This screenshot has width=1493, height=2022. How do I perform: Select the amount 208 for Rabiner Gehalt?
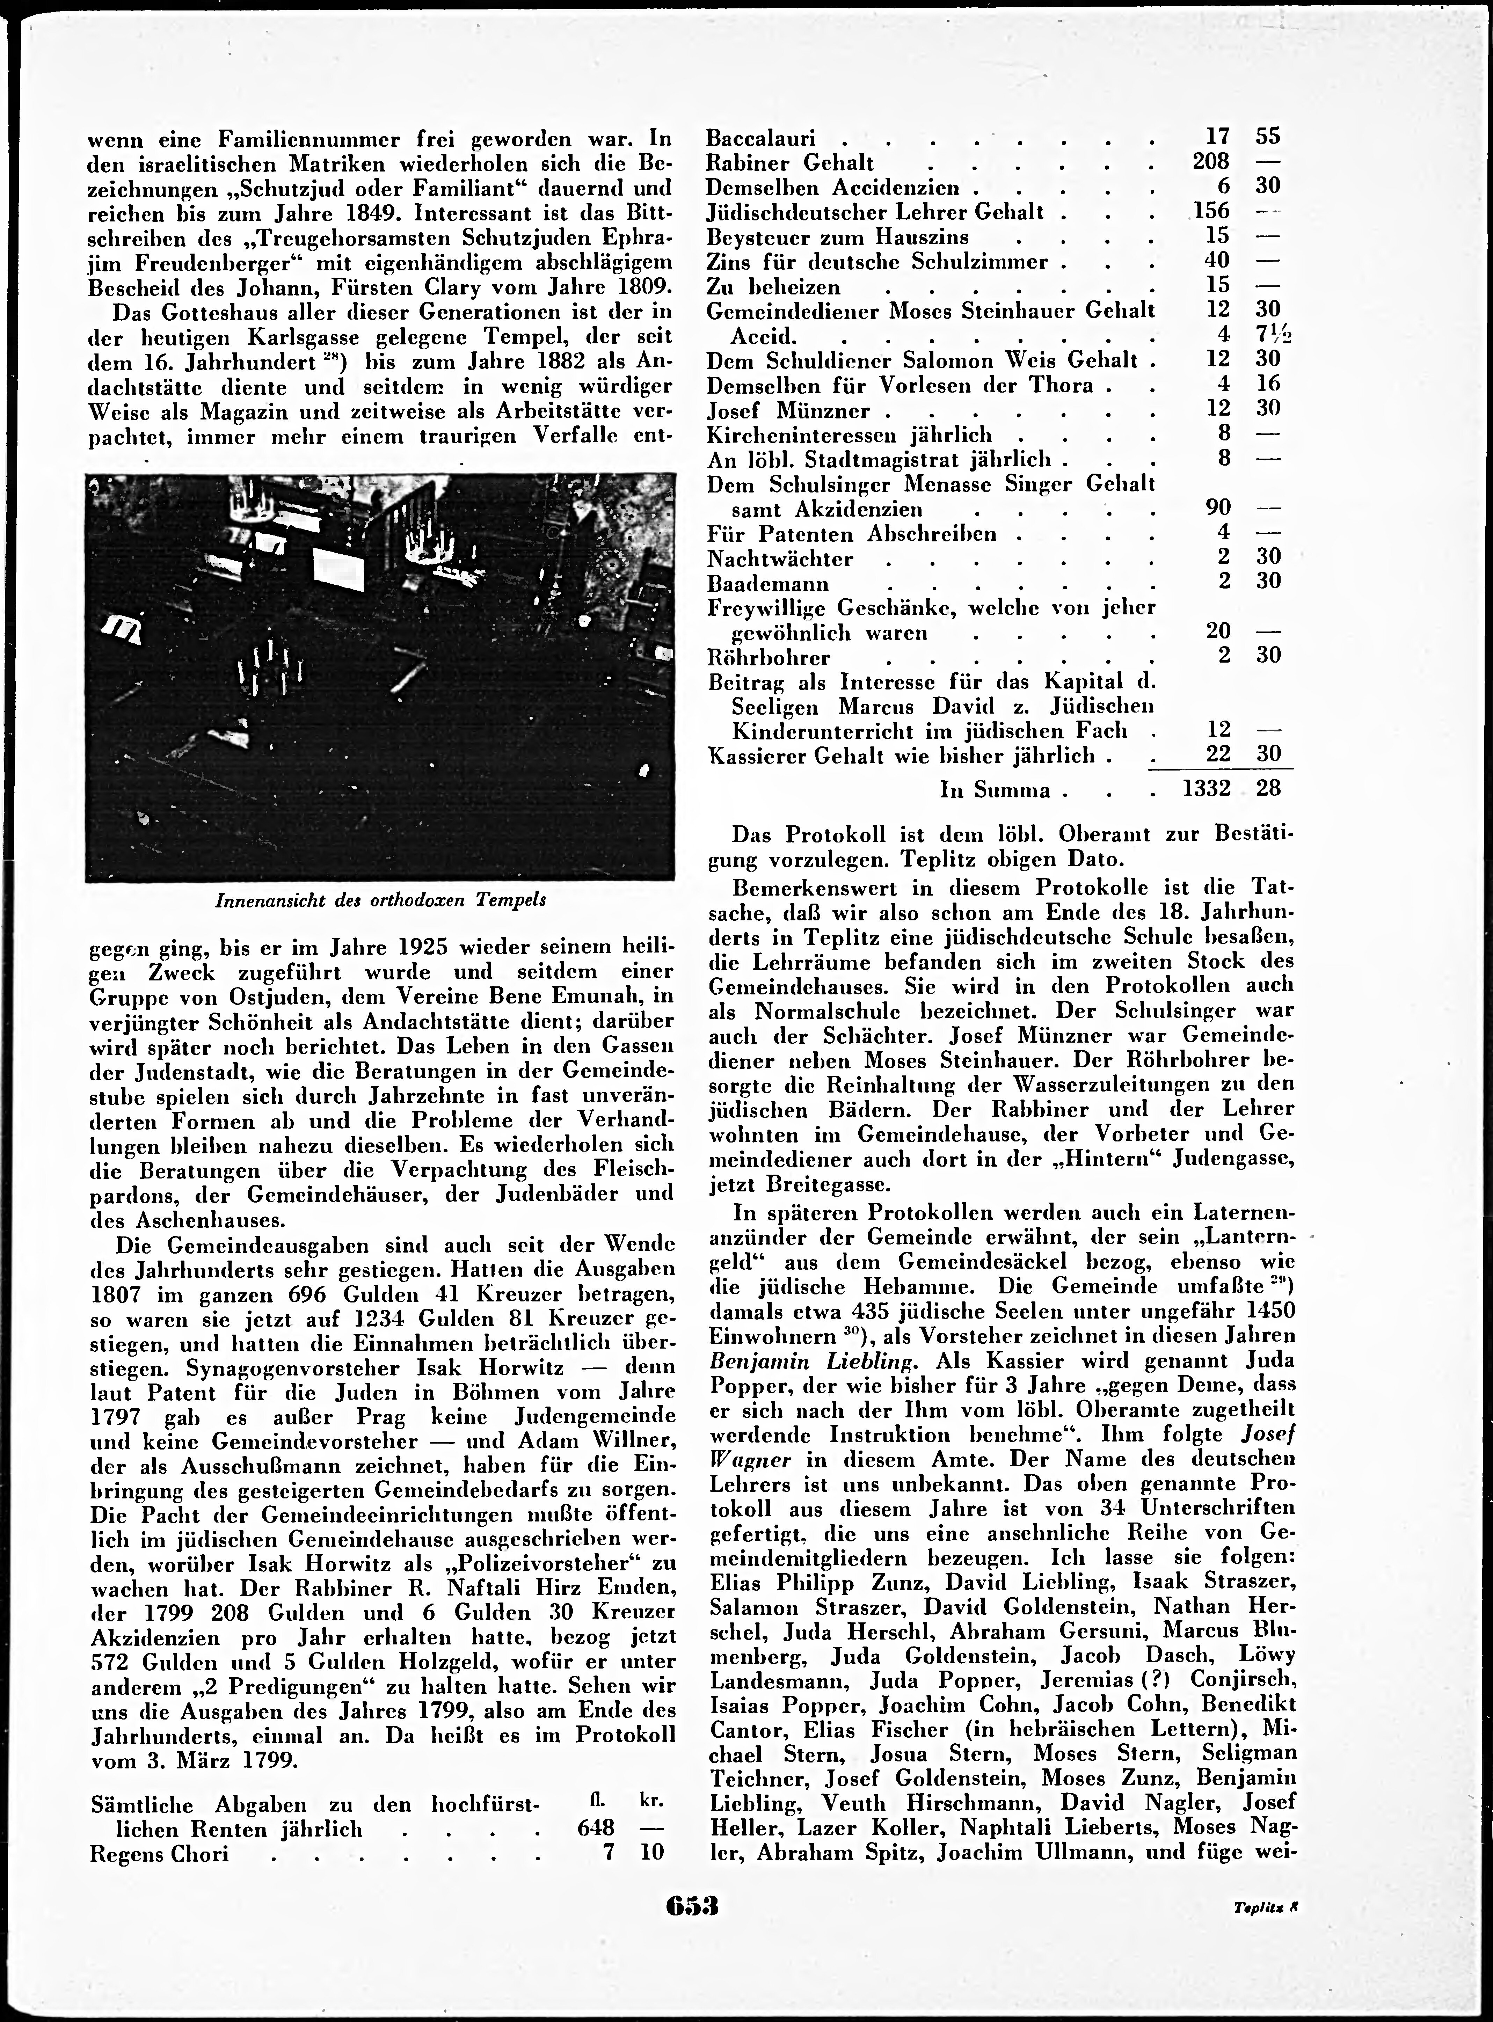pos(1210,162)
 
